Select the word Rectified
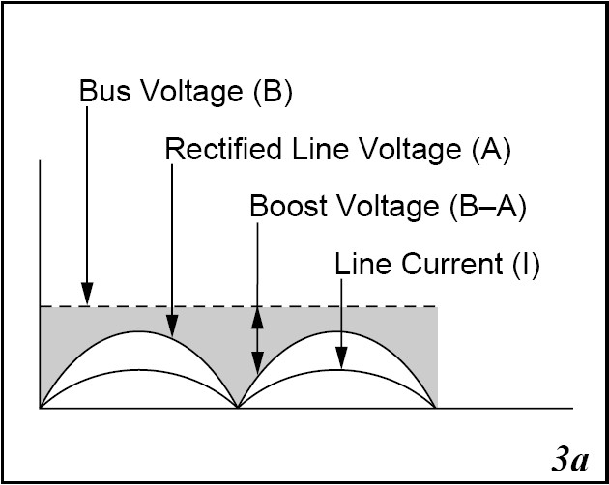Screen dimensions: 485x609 pyautogui.click(x=215, y=150)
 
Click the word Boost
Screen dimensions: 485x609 pyautogui.click(x=283, y=207)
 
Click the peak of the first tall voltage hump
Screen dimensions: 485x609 pyautogui.click(x=139, y=331)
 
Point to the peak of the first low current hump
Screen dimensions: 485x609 pyautogui.click(x=139, y=370)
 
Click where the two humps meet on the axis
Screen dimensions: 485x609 pyautogui.click(x=239, y=408)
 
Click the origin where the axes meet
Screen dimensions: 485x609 pyautogui.click(x=40, y=408)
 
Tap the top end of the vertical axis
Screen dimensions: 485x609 pyautogui.click(x=40, y=157)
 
